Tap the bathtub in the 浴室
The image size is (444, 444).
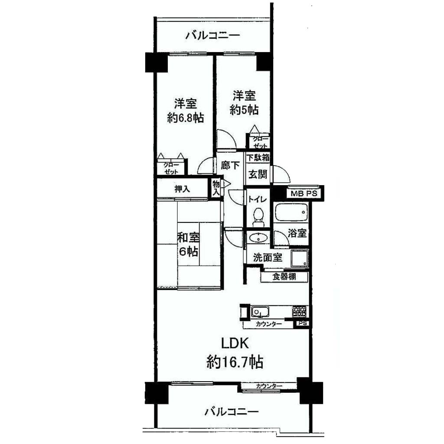coord(291,212)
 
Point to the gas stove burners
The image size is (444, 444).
coord(300,311)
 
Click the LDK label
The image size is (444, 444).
coord(235,343)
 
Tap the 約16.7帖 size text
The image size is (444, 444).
coord(235,362)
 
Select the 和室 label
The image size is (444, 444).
coord(188,237)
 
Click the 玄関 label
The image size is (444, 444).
coord(258,174)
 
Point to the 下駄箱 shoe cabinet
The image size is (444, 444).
coord(258,157)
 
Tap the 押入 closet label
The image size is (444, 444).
coord(182,189)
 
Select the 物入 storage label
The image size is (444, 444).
coord(216,188)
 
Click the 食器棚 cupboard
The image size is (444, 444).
coord(284,277)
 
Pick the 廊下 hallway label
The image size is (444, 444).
coord(230,165)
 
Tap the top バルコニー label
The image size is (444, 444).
coord(212,36)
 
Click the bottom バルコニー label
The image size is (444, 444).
coord(232,411)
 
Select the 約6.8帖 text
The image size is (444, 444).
coord(186,118)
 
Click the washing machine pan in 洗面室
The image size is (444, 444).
coord(300,258)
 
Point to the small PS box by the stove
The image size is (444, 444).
coord(302,323)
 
